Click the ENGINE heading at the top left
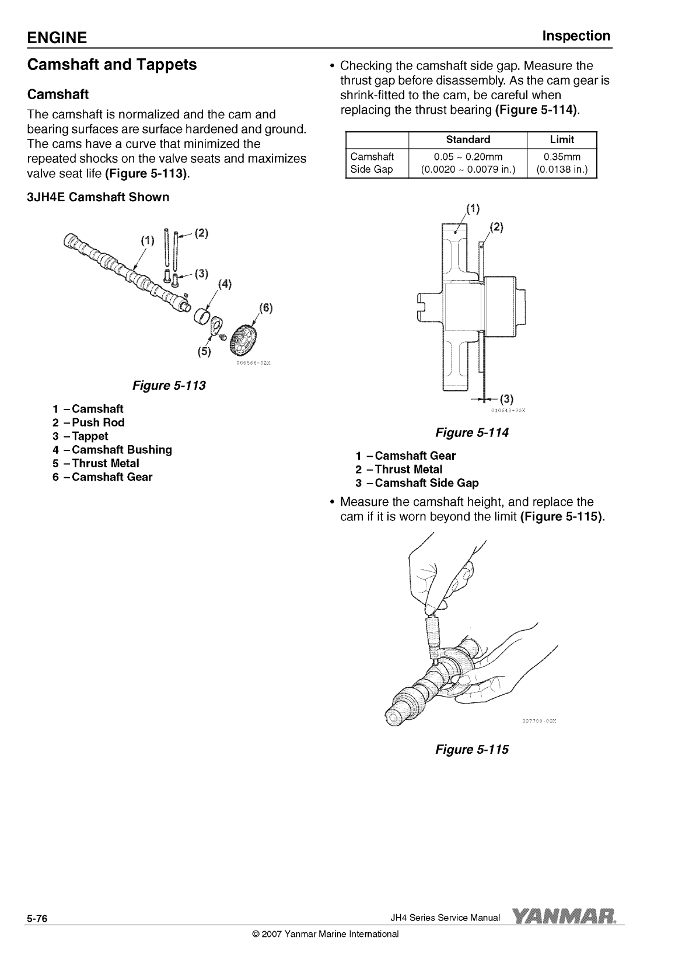57,37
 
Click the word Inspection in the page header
576,36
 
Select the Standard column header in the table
468,139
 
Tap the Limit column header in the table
562,139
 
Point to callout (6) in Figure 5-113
265,308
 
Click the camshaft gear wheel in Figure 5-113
244,340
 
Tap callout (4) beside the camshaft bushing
225,284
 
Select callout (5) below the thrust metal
204,352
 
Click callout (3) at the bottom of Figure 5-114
506,399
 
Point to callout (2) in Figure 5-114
496,228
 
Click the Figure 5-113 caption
169,386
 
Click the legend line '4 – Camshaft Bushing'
112,450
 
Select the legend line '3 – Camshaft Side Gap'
417,483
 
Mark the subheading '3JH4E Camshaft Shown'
98,197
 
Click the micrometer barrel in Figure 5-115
433,632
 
